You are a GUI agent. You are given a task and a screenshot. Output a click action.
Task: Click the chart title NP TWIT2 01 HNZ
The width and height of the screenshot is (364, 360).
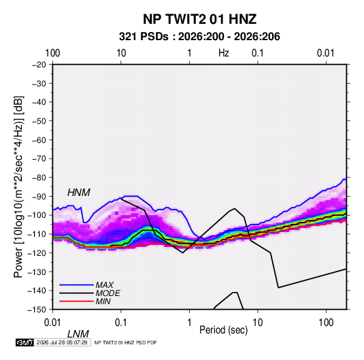[199, 19]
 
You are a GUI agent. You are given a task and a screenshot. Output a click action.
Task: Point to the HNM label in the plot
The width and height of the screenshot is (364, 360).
[79, 193]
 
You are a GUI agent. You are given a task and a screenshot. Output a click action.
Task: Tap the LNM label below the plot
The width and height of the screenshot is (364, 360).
[78, 334]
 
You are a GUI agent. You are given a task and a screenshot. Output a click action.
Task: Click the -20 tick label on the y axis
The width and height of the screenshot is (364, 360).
[39, 65]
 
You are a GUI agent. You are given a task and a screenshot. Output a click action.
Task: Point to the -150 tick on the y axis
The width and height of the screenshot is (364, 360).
[37, 310]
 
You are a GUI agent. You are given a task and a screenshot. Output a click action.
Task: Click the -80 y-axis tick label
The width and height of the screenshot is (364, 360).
[39, 178]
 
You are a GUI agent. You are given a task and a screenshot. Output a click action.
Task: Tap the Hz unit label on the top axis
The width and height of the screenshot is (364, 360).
[224, 53]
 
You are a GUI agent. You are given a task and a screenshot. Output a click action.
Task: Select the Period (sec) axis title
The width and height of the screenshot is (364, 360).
[224, 330]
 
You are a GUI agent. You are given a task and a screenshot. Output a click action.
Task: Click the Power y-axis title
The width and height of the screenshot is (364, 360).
[18, 186]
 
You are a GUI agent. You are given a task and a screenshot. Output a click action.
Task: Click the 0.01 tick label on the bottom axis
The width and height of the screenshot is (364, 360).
[52, 323]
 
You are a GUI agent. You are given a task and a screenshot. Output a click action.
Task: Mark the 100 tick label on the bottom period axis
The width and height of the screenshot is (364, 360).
[326, 323]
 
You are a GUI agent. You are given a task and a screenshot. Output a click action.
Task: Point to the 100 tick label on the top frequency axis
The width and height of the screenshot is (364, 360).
[52, 53]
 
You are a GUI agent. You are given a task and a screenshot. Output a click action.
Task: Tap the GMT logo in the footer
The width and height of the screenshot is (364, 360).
[24, 342]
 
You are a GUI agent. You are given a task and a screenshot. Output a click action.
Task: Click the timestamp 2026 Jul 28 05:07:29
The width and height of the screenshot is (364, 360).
[62, 342]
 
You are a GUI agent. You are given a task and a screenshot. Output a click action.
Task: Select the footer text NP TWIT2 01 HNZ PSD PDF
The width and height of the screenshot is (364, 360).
[126, 342]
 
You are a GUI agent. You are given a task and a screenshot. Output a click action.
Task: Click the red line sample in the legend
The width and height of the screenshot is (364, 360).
[76, 301]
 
